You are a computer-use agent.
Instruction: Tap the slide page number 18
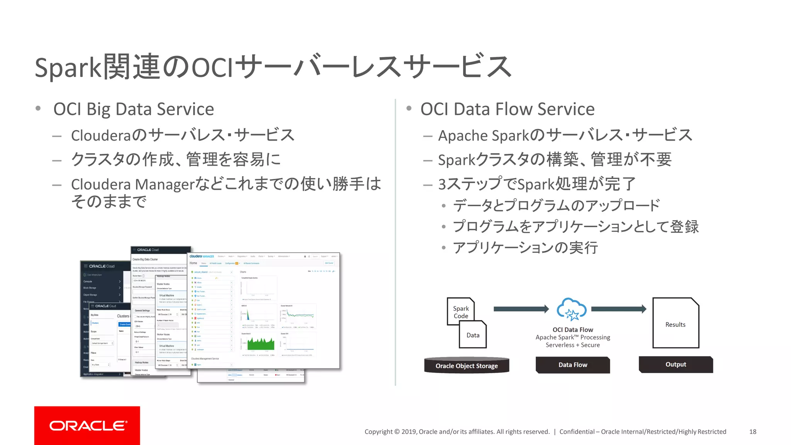click(x=752, y=431)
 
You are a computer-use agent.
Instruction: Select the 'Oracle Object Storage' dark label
click(x=467, y=365)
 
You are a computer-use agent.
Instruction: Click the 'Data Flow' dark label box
click(x=572, y=365)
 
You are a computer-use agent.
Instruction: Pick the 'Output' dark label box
click(x=676, y=364)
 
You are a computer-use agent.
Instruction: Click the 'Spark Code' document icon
click(x=461, y=311)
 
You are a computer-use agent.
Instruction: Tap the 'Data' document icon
click(x=473, y=335)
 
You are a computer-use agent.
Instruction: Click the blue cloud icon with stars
click(x=572, y=309)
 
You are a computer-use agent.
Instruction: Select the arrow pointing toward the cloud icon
click(x=521, y=309)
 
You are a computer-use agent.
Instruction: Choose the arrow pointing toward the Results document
click(x=618, y=309)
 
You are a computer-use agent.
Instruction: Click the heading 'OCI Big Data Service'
click(x=134, y=109)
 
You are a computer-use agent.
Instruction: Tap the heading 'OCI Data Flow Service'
click(x=508, y=109)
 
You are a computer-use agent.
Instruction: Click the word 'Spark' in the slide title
click(x=68, y=68)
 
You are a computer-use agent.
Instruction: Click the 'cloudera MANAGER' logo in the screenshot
click(x=202, y=256)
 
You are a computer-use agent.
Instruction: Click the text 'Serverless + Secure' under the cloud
click(x=572, y=345)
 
